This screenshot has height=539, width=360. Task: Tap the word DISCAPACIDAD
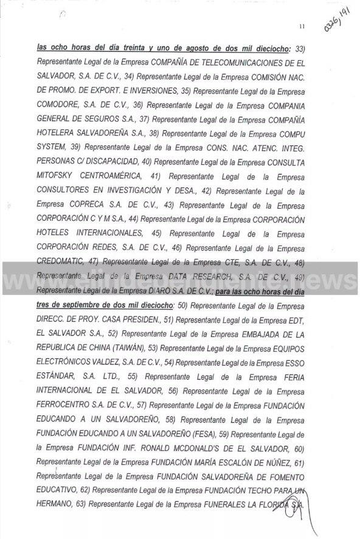coord(105,161)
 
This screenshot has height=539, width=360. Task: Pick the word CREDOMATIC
coord(65,261)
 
